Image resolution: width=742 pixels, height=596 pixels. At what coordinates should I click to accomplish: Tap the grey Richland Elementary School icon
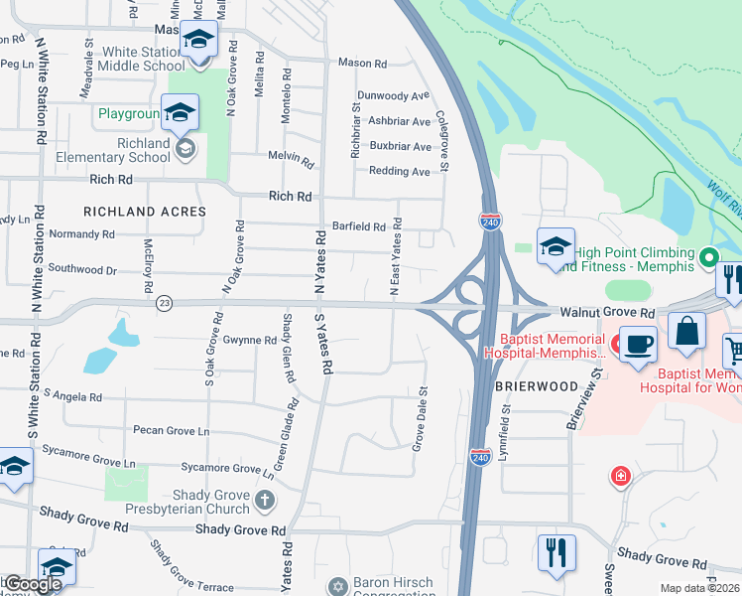pos(185,149)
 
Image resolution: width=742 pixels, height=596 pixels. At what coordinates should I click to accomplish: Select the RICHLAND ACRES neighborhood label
pos(145,212)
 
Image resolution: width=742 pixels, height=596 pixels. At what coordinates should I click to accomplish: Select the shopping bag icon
pos(686,330)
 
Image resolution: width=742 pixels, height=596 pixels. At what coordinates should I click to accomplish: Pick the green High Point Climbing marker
pos(707,257)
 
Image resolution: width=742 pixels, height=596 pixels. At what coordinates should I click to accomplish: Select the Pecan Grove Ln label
pos(171,431)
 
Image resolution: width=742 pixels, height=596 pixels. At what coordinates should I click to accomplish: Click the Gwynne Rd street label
pos(249,340)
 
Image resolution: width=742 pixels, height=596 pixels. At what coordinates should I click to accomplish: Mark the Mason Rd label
pos(362,63)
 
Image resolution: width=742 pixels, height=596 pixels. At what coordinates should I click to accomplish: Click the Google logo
pos(33,584)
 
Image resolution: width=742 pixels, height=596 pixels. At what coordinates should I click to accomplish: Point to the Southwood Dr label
pos(82,269)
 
